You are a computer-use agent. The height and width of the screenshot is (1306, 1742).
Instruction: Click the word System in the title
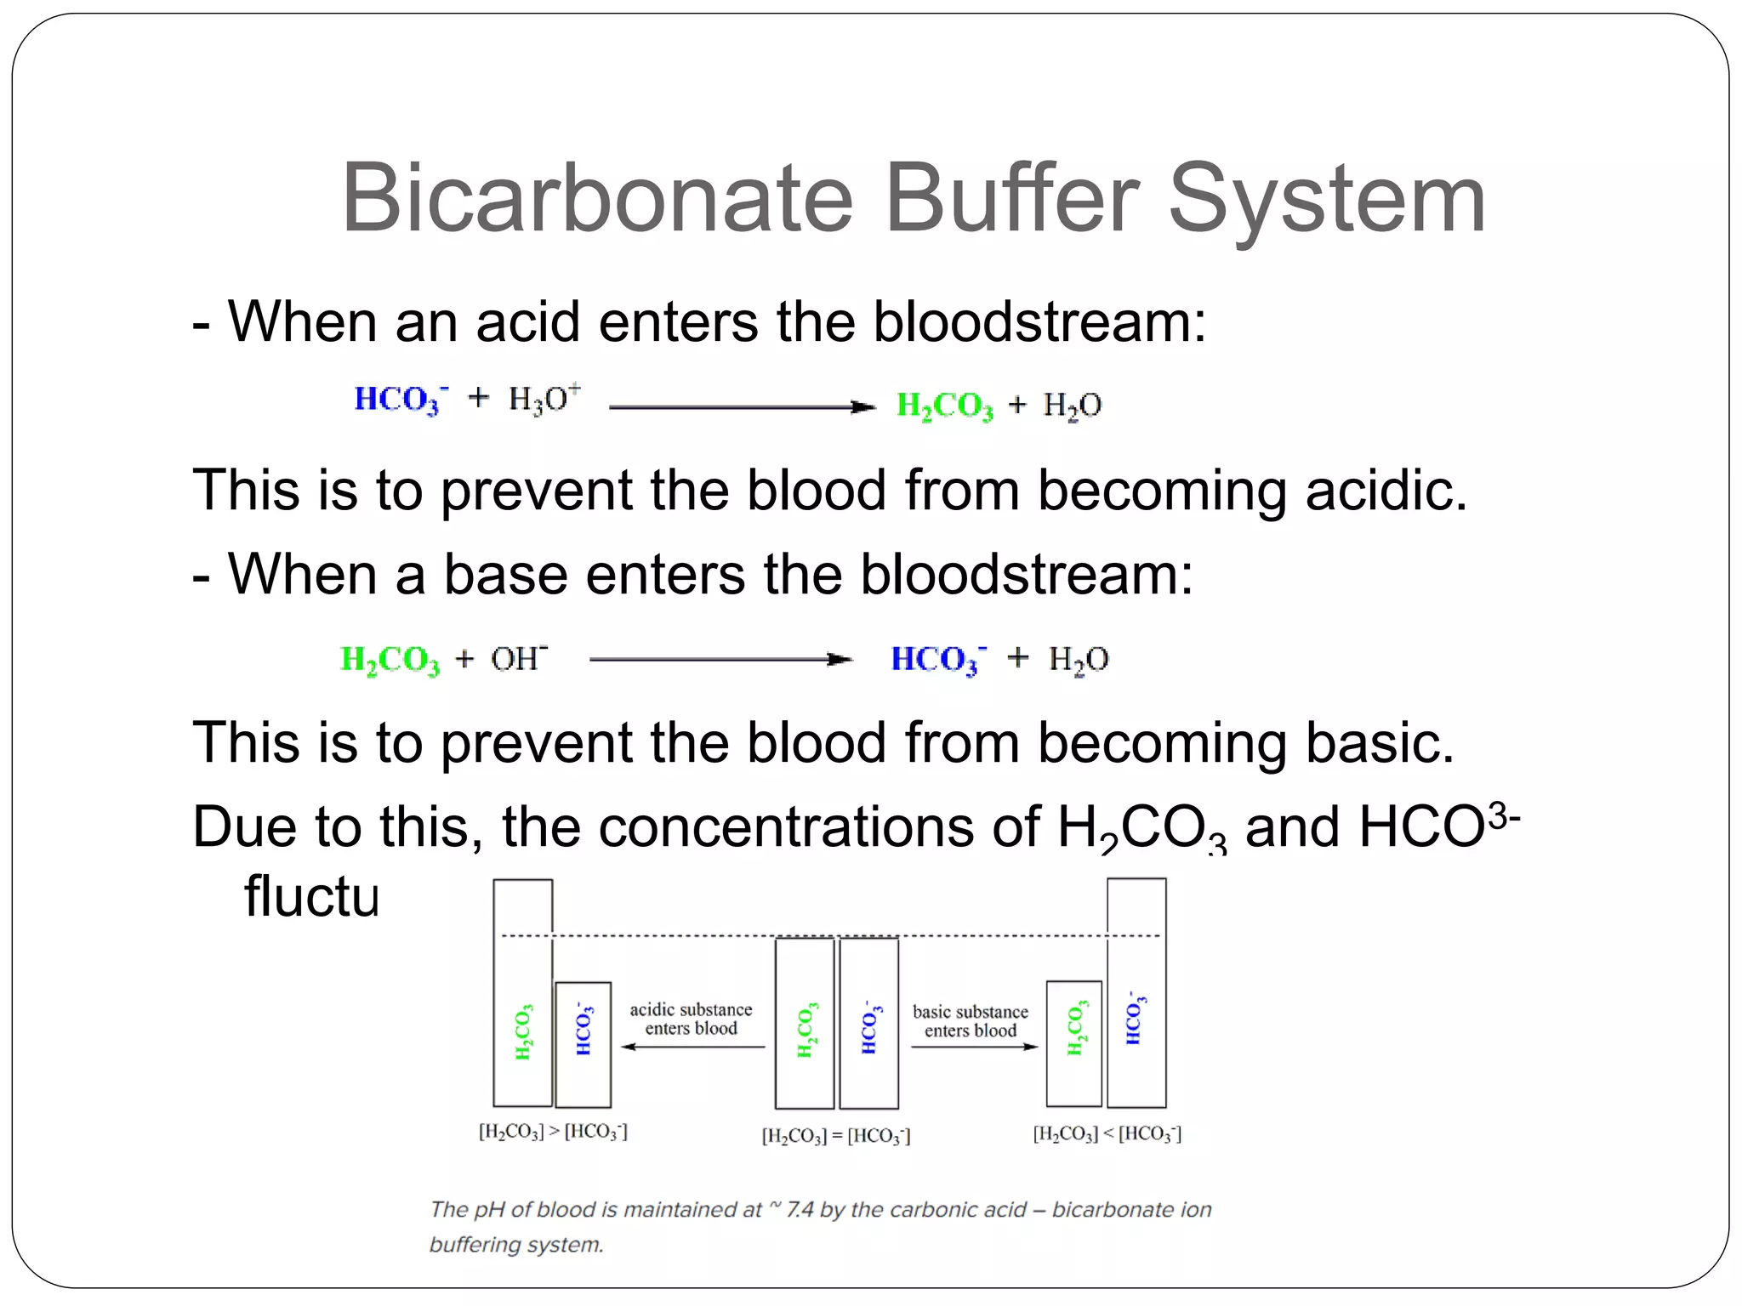[1327, 200]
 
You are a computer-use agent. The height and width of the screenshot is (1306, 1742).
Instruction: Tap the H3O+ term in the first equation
[544, 399]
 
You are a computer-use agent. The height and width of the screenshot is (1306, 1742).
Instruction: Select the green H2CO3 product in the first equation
[944, 406]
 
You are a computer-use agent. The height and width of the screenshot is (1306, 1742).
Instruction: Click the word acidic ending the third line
[1386, 491]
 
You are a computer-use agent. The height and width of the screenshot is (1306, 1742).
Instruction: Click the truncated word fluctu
[311, 896]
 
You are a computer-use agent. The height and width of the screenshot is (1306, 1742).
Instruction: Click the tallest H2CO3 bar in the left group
[523, 992]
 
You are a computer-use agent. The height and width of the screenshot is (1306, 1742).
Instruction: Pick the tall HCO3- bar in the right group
[1136, 992]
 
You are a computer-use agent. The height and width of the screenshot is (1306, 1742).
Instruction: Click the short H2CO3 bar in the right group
[1074, 1043]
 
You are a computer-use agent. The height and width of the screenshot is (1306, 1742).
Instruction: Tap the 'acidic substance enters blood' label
[691, 1019]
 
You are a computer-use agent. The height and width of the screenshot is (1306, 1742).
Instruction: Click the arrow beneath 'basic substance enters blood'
[974, 1047]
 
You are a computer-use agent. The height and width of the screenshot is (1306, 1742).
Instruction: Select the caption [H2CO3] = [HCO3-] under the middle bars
[836, 1136]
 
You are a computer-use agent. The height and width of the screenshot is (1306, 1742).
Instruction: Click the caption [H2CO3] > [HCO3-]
[553, 1132]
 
